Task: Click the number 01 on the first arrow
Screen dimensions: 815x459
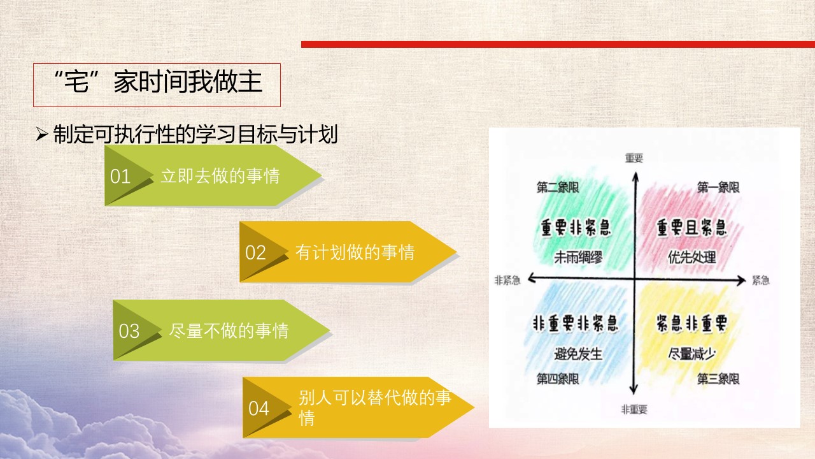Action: [x=120, y=177]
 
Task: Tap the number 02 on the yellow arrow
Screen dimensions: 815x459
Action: [x=255, y=253]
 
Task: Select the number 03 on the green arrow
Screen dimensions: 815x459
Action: [x=129, y=331]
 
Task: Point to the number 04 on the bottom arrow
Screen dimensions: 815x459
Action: [x=259, y=409]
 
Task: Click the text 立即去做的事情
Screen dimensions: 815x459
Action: [x=220, y=176]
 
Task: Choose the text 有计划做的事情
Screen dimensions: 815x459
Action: [x=355, y=252]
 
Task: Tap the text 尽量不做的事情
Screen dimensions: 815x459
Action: [x=229, y=331]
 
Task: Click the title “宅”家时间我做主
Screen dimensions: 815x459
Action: [x=157, y=82]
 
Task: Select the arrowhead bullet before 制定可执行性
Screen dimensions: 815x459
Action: [x=42, y=135]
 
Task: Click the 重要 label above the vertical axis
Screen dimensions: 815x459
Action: [x=634, y=158]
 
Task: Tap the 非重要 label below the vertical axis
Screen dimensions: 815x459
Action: [x=634, y=409]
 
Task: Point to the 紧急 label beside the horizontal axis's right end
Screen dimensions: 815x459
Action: [x=761, y=280]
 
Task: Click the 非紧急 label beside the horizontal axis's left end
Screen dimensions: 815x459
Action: [x=507, y=280]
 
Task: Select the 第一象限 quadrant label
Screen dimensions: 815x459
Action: [x=718, y=187]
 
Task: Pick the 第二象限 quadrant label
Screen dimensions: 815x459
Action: [x=558, y=187]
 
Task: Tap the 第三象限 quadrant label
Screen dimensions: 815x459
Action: [x=718, y=379]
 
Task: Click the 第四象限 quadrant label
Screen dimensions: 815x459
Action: [x=558, y=379]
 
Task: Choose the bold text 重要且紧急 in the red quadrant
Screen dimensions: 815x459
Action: [x=691, y=228]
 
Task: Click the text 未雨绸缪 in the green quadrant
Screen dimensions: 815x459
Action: [x=578, y=258]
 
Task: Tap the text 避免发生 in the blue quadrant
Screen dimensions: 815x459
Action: [x=578, y=354]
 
